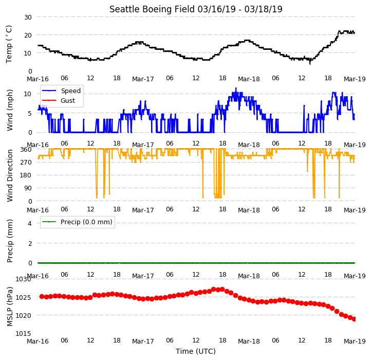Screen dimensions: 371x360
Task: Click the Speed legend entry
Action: (x=61, y=91)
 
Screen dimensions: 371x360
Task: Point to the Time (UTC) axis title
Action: (x=196, y=351)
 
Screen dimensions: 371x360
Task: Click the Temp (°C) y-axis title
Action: (x=9, y=44)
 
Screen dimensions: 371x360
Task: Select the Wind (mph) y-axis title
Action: (x=9, y=110)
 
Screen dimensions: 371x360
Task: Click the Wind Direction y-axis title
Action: (x=9, y=175)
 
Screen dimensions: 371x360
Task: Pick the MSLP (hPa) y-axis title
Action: (x=9, y=307)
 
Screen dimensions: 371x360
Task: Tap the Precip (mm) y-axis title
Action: (x=9, y=241)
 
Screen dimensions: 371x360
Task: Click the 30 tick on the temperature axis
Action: (x=28, y=17)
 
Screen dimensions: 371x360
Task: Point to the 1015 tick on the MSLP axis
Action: (x=24, y=333)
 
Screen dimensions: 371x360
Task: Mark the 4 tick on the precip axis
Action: (x=30, y=223)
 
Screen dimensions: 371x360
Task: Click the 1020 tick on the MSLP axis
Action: (x=24, y=315)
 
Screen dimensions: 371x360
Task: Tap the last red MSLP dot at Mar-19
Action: (x=354, y=319)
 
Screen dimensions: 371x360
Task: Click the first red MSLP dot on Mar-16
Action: (x=42, y=297)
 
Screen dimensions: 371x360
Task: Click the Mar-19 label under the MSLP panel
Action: (x=355, y=341)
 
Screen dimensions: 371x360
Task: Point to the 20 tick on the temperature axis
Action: (x=28, y=35)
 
